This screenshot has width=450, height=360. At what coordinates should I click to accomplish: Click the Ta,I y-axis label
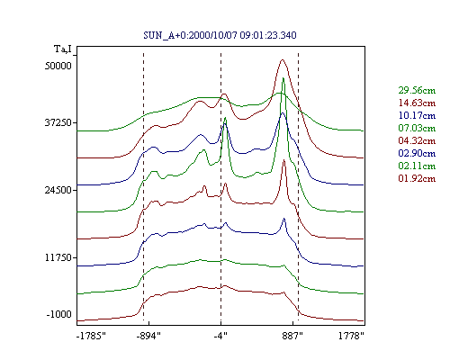pos(63,49)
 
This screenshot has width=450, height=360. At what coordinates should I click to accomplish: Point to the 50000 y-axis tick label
pos(58,66)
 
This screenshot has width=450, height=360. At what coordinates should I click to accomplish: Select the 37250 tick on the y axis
pos(58,122)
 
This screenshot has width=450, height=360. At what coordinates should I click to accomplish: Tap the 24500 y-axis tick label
pos(58,190)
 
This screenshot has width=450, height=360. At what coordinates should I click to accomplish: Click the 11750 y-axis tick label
pos(58,257)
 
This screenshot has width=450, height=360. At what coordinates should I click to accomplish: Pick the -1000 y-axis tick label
pos(59,314)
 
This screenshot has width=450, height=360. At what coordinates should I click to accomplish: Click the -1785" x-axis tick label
pos(92,336)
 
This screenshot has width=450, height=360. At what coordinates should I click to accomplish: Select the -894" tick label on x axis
pos(148,336)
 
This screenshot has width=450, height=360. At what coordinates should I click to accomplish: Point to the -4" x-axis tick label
pos(220,336)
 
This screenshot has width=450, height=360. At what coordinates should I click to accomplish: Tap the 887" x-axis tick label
pos(292,336)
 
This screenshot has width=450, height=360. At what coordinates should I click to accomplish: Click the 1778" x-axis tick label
pos(351,336)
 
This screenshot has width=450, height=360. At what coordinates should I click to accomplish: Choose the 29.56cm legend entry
pos(417,90)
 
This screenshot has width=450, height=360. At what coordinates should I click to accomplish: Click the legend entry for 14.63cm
pos(417,103)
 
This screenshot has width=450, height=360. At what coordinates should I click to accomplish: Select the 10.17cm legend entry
pos(417,115)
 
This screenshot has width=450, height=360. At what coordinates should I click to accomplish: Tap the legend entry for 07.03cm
pos(417,128)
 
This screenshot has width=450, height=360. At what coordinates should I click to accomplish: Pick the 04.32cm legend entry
pos(417,140)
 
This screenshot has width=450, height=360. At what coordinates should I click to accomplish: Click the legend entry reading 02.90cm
pos(417,153)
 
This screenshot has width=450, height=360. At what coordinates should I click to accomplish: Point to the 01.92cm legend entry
pos(417,178)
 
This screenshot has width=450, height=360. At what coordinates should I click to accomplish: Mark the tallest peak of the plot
pos(283,59)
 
